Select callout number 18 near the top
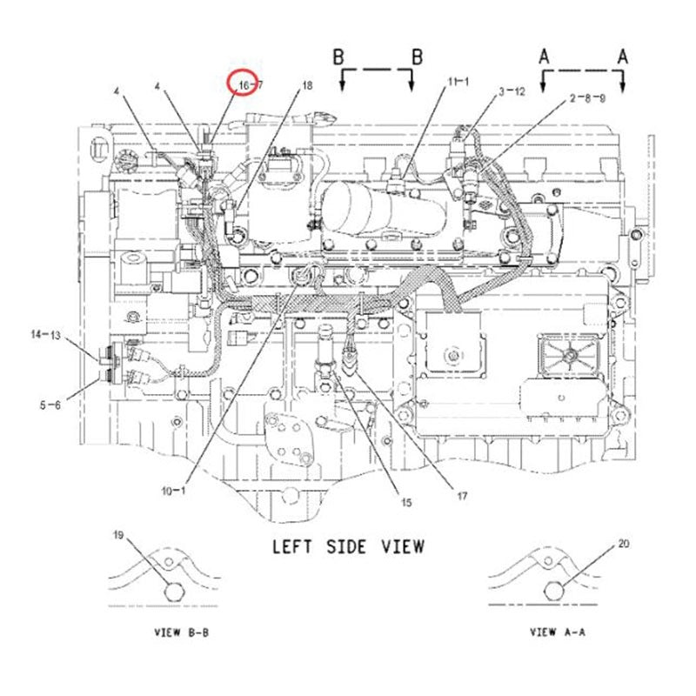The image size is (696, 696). (x=305, y=85)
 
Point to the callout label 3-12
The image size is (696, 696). (x=512, y=90)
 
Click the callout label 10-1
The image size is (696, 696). (x=173, y=491)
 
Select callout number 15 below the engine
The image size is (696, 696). (x=405, y=502)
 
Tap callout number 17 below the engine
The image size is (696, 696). (x=463, y=497)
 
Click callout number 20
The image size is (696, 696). (x=623, y=545)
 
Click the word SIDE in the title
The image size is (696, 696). (x=346, y=546)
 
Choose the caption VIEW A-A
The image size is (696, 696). (x=556, y=632)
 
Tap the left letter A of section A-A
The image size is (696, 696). (x=544, y=57)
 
